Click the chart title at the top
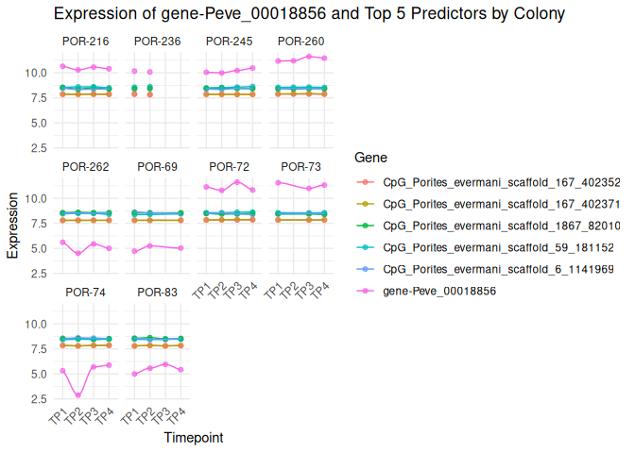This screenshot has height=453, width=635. click(x=310, y=14)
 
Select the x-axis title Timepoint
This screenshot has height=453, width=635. click(x=194, y=438)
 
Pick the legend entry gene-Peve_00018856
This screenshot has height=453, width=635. click(x=439, y=291)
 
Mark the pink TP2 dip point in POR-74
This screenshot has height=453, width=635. click(x=77, y=395)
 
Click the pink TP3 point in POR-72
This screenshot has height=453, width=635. click(x=237, y=181)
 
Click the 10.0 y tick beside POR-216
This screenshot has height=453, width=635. click(x=38, y=73)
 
